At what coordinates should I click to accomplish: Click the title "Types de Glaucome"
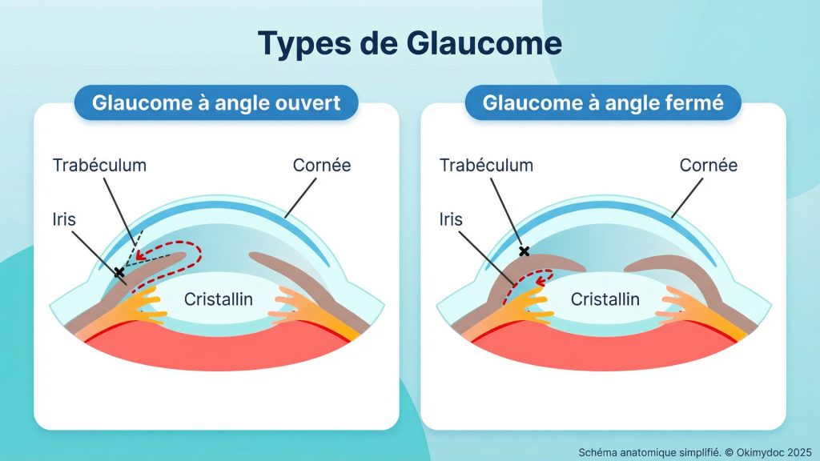click(x=409, y=42)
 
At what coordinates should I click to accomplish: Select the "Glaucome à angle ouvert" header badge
click(x=216, y=103)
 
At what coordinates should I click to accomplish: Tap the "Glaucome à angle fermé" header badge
click(x=603, y=103)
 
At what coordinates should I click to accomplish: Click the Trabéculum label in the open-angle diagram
click(x=100, y=166)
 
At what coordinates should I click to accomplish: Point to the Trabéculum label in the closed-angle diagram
click(x=486, y=166)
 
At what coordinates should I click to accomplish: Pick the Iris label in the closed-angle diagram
click(x=452, y=218)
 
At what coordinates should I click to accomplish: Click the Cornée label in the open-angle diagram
click(x=322, y=166)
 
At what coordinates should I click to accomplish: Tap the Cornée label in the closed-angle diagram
click(x=708, y=166)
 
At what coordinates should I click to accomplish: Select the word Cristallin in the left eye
click(x=219, y=299)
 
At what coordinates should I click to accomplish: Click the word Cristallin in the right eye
click(x=605, y=299)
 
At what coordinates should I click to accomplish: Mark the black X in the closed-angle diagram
click(x=525, y=251)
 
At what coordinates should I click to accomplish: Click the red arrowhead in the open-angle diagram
click(x=139, y=257)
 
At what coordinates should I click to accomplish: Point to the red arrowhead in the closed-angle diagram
click(x=540, y=280)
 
